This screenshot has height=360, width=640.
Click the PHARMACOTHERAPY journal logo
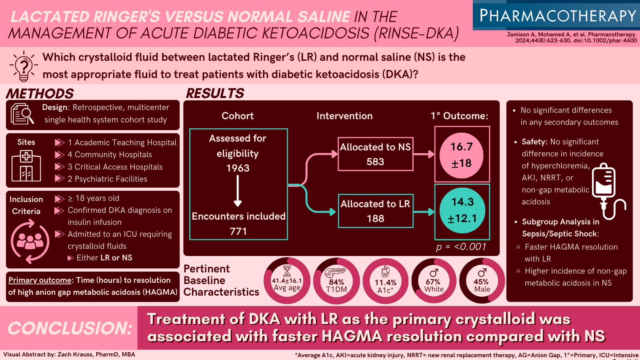tap(557, 16)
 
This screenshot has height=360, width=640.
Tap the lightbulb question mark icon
tap(24, 66)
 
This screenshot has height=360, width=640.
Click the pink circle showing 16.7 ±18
tap(462, 155)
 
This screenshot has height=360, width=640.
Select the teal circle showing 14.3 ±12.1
tap(462, 210)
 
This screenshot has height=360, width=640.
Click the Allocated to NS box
tap(375, 154)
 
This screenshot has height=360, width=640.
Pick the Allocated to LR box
tap(375, 211)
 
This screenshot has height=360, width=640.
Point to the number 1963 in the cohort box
tap(238, 168)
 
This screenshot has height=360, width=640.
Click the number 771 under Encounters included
tap(238, 231)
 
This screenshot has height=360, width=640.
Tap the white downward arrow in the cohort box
tap(238, 191)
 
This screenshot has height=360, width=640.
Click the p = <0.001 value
tap(461, 247)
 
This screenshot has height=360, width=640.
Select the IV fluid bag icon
tap(606, 190)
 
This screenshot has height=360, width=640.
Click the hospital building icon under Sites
tap(26, 166)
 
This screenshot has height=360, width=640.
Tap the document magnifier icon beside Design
tap(22, 114)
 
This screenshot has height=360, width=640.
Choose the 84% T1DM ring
tap(336, 281)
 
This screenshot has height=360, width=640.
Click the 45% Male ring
tap(482, 281)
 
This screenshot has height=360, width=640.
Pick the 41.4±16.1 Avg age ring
tap(287, 281)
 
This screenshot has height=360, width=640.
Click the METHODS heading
tap(40, 94)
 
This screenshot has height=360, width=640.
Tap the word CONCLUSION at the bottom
tap(70, 328)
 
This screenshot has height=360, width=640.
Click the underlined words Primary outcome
tap(40, 280)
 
